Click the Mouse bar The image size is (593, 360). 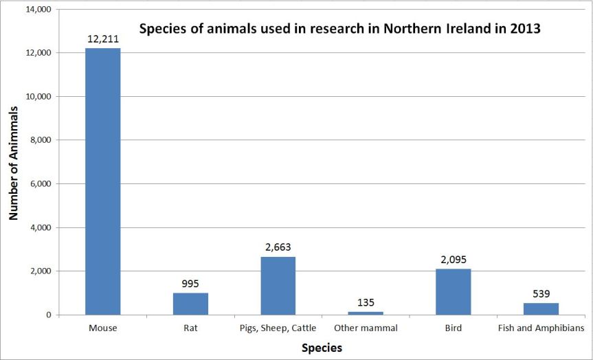point(102,181)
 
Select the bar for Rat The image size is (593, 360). point(190,304)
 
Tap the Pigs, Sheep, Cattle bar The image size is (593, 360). point(278,286)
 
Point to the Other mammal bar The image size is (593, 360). point(366,313)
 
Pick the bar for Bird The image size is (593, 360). point(454,292)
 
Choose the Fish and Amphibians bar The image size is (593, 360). point(541,308)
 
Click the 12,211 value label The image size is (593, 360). point(103,39)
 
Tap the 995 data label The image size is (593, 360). point(190,284)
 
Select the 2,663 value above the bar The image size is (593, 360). point(278,247)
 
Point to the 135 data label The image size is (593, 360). point(366,302)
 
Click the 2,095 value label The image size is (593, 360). point(454,260)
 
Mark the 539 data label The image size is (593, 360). point(541,293)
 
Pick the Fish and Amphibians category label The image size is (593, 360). point(541,328)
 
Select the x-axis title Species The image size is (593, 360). point(322,348)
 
